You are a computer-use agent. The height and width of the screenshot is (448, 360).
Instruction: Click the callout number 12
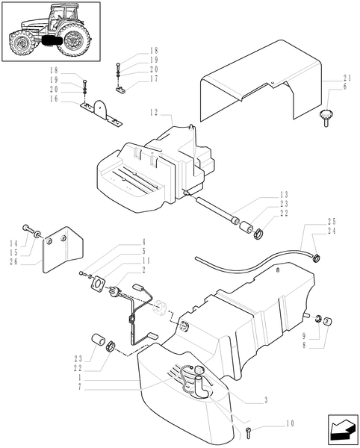point(152,113)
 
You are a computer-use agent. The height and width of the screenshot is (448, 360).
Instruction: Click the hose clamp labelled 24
point(316,260)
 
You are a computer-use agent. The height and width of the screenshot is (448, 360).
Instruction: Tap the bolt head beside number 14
point(26,227)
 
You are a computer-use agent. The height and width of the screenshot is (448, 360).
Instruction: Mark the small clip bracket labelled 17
point(122,90)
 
